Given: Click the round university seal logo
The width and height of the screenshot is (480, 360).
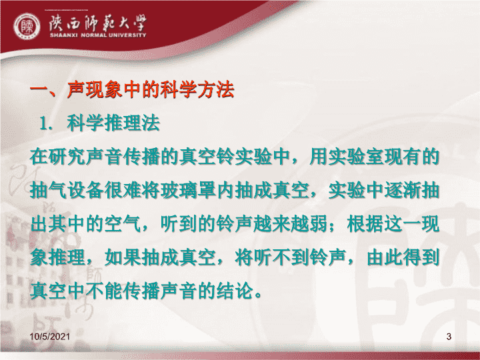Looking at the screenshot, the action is (27, 26).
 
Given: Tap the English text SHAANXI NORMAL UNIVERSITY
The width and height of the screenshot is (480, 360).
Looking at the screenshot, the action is (98, 35).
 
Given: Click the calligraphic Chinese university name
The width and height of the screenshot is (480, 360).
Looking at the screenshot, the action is (98, 22).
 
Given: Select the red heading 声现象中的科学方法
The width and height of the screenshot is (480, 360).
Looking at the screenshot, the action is (151, 90).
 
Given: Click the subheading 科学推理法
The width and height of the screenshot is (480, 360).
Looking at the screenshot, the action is (113, 124).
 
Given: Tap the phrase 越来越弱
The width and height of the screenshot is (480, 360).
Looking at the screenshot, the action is (290, 224).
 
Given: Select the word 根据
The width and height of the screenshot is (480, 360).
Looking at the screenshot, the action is (365, 224).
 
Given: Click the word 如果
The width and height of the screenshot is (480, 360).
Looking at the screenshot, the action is (123, 257).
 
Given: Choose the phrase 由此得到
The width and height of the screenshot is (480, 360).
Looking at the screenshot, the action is (403, 257).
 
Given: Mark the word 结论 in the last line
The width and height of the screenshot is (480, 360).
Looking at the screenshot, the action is (235, 291).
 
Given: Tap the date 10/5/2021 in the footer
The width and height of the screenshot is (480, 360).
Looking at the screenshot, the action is (50, 337).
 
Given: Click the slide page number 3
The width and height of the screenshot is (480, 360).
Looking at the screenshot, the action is (449, 337).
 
